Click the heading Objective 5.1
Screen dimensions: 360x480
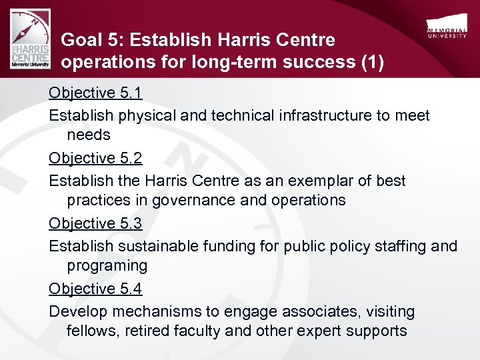tap(95, 93)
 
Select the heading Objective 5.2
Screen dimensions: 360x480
tap(95, 158)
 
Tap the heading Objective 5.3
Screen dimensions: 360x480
tap(95, 223)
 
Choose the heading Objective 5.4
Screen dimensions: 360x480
tap(95, 289)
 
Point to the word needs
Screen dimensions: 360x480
tap(89, 135)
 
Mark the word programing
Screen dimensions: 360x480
tap(107, 265)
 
